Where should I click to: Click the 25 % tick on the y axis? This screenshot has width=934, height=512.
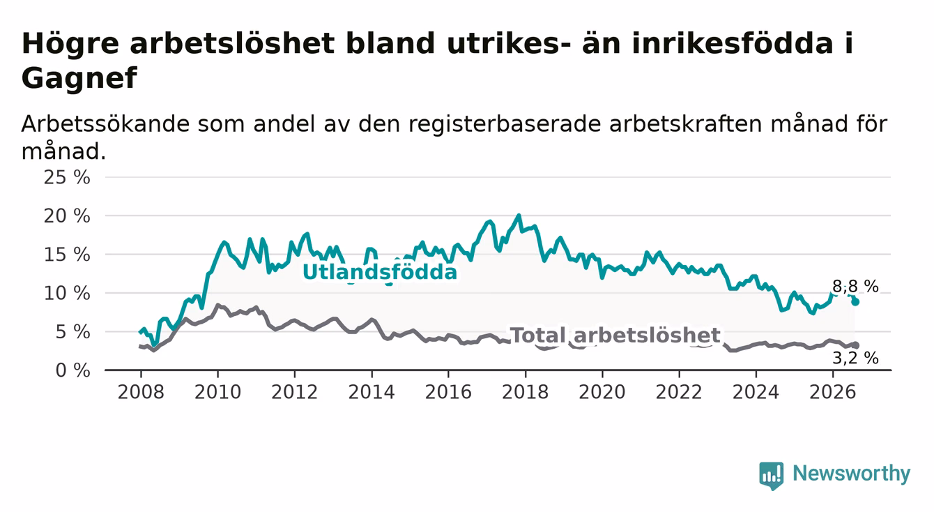click(x=67, y=177)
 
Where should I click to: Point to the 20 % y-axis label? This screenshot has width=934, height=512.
click(x=67, y=216)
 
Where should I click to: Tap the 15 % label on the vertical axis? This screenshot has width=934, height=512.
click(x=67, y=255)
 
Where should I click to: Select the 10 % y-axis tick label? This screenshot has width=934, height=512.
click(x=67, y=294)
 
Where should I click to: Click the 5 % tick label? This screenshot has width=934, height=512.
click(x=72, y=332)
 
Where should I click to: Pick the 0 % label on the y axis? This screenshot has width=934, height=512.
click(x=72, y=370)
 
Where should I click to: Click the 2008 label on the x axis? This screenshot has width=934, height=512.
click(x=141, y=392)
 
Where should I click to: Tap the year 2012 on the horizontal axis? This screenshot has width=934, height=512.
click(x=295, y=392)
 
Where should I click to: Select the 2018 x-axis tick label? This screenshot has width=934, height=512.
click(x=526, y=392)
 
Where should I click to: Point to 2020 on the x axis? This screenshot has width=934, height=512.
click(x=602, y=392)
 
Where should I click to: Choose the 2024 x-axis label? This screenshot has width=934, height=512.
click(x=756, y=392)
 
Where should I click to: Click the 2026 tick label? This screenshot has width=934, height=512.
click(x=833, y=392)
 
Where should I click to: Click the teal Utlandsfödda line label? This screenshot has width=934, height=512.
click(x=380, y=272)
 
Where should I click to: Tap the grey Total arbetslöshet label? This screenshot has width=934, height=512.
click(x=615, y=335)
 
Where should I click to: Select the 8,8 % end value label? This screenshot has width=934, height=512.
click(x=856, y=287)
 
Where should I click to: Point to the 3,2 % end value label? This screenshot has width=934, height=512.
click(x=856, y=358)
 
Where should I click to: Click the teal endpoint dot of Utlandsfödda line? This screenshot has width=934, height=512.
click(x=855, y=302)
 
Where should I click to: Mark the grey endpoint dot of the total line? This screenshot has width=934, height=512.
click(x=856, y=345)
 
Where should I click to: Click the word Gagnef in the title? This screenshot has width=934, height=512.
click(x=79, y=78)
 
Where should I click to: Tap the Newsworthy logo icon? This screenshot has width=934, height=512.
click(x=772, y=476)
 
